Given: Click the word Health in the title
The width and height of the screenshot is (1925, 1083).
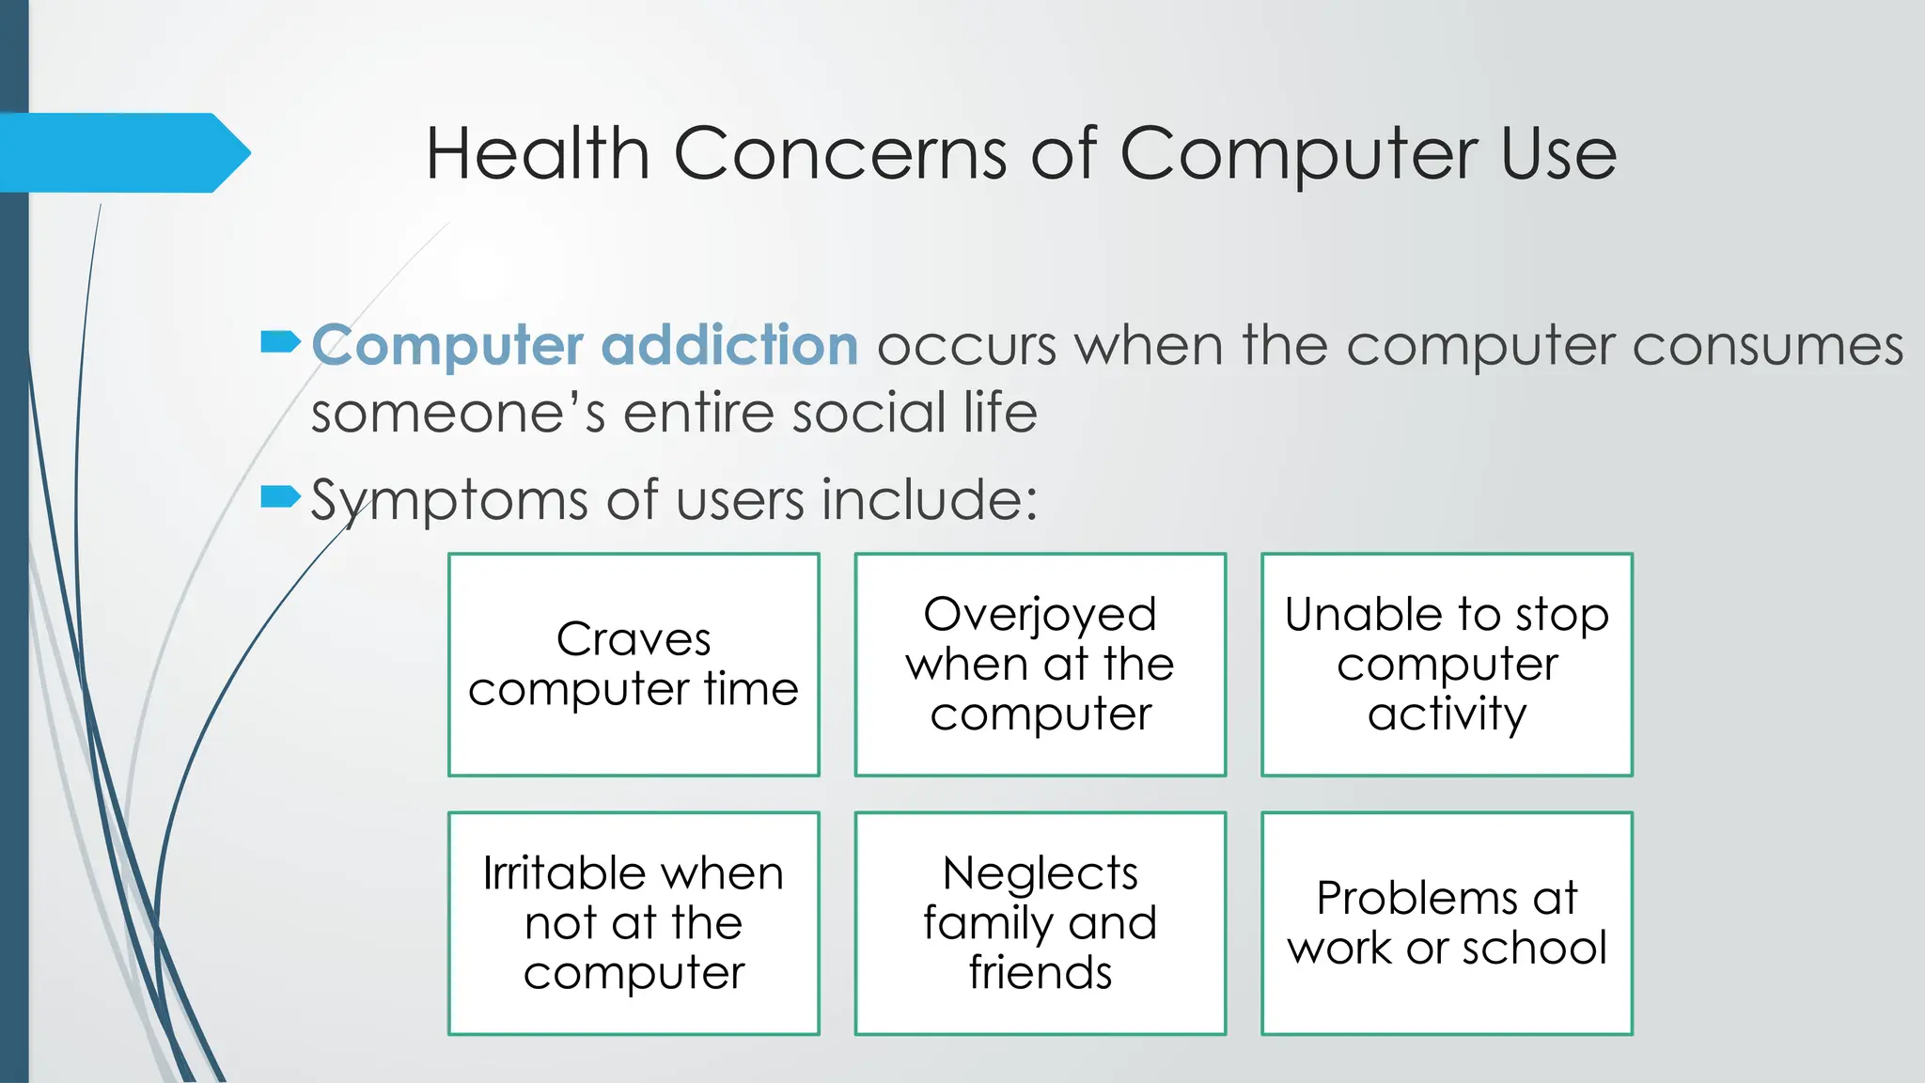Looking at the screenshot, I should point(537,153).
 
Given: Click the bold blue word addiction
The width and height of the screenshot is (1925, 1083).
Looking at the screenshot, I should point(729,345).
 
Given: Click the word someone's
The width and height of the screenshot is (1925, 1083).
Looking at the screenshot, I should point(458,414).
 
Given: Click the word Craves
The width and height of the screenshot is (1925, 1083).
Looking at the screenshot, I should point(634,639).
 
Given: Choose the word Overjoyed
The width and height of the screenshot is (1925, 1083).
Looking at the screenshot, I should point(1040,615).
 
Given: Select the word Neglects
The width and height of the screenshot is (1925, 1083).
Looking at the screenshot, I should point(1040,874).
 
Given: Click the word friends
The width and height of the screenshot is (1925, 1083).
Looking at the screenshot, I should point(1040,973).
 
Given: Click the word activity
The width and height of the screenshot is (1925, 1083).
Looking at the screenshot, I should point(1447,714).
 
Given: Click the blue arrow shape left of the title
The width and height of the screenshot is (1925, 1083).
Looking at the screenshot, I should point(122,152).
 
